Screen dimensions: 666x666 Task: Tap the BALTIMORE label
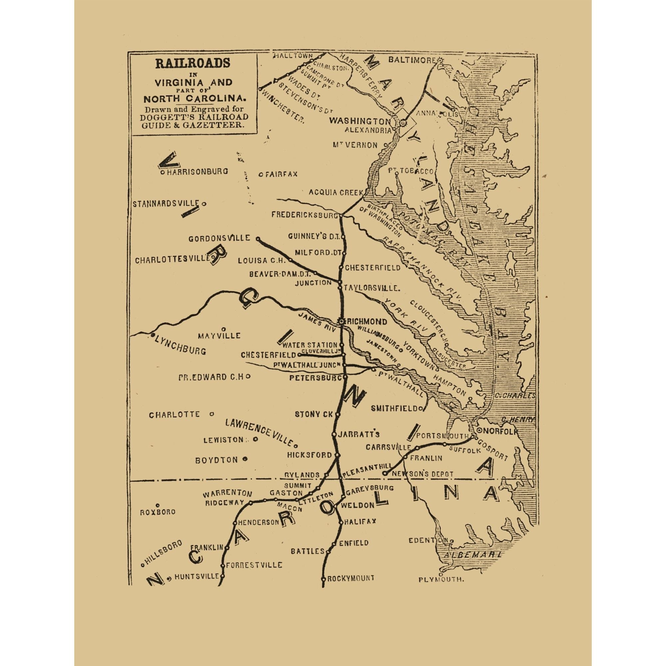(412, 60)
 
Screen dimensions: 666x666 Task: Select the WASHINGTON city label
(360, 121)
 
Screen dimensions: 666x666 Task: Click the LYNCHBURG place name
(180, 345)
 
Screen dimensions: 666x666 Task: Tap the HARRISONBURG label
(197, 171)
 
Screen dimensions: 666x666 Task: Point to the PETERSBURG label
(315, 378)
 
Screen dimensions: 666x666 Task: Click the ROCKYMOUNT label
(350, 578)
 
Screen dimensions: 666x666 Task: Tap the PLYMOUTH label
(441, 579)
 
